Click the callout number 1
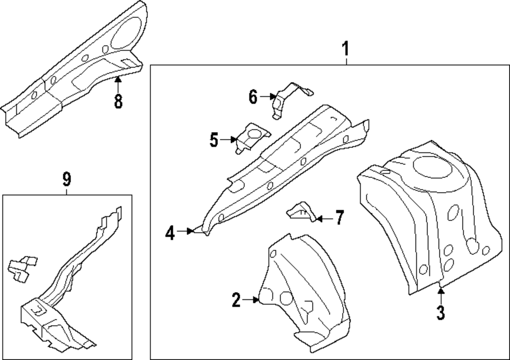(x=345, y=49)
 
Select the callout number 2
(x=236, y=300)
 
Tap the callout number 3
(x=441, y=312)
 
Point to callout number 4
(x=170, y=233)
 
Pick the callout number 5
(x=214, y=139)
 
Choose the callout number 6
(x=253, y=96)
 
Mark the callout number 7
(x=339, y=218)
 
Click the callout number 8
(x=118, y=101)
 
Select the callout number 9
(x=66, y=179)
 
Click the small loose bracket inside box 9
(x=22, y=268)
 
